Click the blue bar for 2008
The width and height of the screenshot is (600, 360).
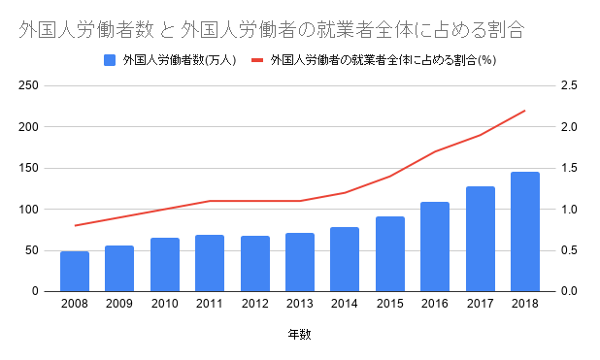(75, 271)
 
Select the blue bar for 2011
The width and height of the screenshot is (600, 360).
(210, 263)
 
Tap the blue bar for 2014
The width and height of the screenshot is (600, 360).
(345, 259)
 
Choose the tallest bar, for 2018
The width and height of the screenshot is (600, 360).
(525, 231)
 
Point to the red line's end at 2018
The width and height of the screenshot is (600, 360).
(525, 111)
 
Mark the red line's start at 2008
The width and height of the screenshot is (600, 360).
(75, 225)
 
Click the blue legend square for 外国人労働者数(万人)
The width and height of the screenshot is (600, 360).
(110, 60)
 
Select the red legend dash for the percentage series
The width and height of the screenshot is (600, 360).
(258, 60)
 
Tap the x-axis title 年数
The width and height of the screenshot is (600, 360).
(300, 336)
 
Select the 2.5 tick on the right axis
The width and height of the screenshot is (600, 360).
(568, 86)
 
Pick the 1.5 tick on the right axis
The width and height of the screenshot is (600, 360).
(568, 168)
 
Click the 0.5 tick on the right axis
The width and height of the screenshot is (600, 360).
(568, 250)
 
